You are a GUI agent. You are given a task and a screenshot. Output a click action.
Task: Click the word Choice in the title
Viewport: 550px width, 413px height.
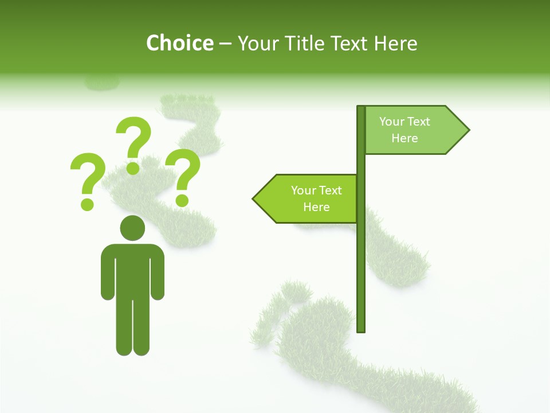pyautogui.click(x=179, y=43)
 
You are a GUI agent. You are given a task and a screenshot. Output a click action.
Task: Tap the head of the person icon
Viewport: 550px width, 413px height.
pyautogui.click(x=132, y=228)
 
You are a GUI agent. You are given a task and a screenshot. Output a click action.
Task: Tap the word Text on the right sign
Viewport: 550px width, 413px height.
pyautogui.click(x=419, y=122)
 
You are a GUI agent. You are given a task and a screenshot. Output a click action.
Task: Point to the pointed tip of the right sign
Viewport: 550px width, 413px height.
pyautogui.click(x=467, y=130)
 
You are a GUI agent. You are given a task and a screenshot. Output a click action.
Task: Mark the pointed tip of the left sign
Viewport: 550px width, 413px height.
pyautogui.click(x=255, y=199)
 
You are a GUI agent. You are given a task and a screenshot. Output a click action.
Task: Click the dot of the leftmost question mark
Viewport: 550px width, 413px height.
pyautogui.click(x=87, y=204)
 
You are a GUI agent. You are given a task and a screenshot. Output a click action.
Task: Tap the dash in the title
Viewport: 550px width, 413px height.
pyautogui.click(x=225, y=44)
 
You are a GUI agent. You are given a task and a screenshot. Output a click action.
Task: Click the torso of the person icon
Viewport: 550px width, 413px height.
pyautogui.click(x=132, y=270)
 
